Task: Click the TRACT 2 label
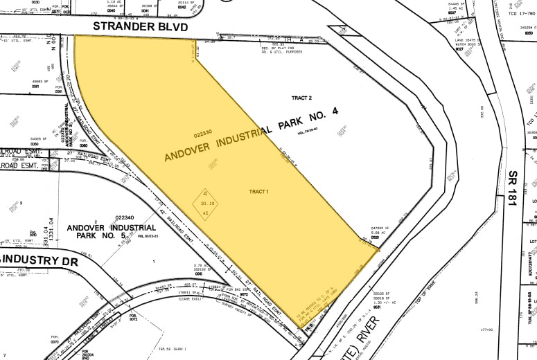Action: (301, 98)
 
